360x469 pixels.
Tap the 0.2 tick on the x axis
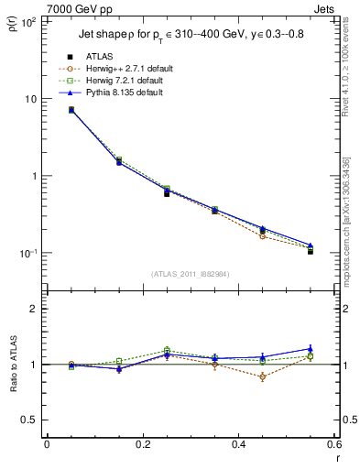[x=142, y=444]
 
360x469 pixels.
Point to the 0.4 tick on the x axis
[x=238, y=444]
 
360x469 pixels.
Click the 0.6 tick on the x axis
[x=333, y=444]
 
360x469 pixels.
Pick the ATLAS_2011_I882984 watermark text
[x=191, y=274]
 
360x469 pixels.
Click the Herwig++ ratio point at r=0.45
[x=263, y=376]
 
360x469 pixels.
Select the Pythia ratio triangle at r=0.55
[x=311, y=348]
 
